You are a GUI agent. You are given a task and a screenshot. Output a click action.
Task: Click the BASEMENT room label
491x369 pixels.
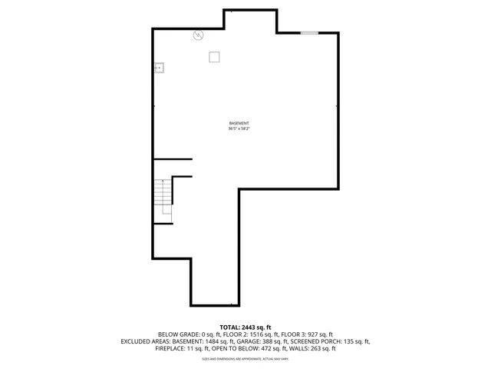[x=239, y=124]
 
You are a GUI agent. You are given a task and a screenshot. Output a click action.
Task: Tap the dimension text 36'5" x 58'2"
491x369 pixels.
[x=239, y=129]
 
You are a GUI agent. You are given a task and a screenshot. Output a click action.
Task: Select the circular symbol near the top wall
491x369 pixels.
[x=198, y=35]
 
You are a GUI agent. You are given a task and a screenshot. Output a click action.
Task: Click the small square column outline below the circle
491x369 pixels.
[x=215, y=56]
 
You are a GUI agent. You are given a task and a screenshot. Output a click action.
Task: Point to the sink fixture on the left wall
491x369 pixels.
[x=160, y=68]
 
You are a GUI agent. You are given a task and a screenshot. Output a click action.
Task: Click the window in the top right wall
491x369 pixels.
[x=309, y=32]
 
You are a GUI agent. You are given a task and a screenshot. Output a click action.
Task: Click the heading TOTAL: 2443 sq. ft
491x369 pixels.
[x=245, y=327]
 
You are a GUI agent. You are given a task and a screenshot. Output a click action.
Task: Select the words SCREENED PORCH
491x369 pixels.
[x=316, y=341]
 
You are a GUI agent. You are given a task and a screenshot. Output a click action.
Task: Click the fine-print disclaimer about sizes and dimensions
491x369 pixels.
[x=245, y=358]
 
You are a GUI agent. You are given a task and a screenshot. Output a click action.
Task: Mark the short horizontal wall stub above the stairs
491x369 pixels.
[x=173, y=159]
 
